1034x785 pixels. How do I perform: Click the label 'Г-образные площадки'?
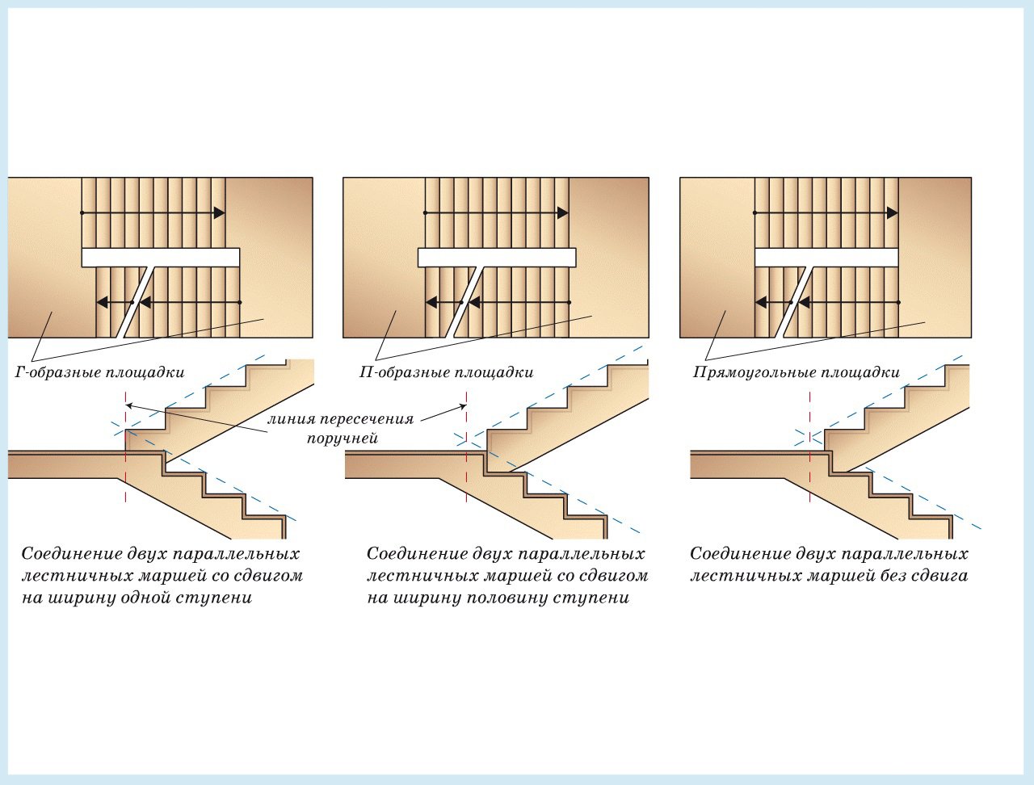click(99, 372)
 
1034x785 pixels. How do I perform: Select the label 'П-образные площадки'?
click(446, 372)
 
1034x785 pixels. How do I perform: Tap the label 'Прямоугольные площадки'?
click(797, 372)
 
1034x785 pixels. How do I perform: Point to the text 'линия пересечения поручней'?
click(341, 429)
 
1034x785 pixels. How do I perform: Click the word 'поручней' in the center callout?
click(343, 439)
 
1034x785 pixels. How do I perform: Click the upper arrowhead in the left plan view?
click(219, 213)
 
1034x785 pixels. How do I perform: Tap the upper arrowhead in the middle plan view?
click(562, 213)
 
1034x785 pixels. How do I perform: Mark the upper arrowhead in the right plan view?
click(892, 213)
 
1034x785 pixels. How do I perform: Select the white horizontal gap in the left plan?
click(161, 258)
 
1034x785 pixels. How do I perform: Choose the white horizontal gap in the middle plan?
click(497, 258)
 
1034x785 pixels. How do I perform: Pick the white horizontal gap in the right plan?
click(826, 258)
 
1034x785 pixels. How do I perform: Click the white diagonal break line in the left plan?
click(136, 302)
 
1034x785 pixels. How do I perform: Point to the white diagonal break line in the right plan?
click(795, 302)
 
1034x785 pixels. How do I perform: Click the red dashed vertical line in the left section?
click(126, 447)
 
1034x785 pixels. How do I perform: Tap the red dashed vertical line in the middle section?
click(466, 447)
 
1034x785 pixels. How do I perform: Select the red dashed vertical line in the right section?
click(809, 447)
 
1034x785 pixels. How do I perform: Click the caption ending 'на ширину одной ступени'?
click(162, 576)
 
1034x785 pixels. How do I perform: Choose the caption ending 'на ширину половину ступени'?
click(507, 576)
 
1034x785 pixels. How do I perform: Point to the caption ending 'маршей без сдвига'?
click(829, 565)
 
